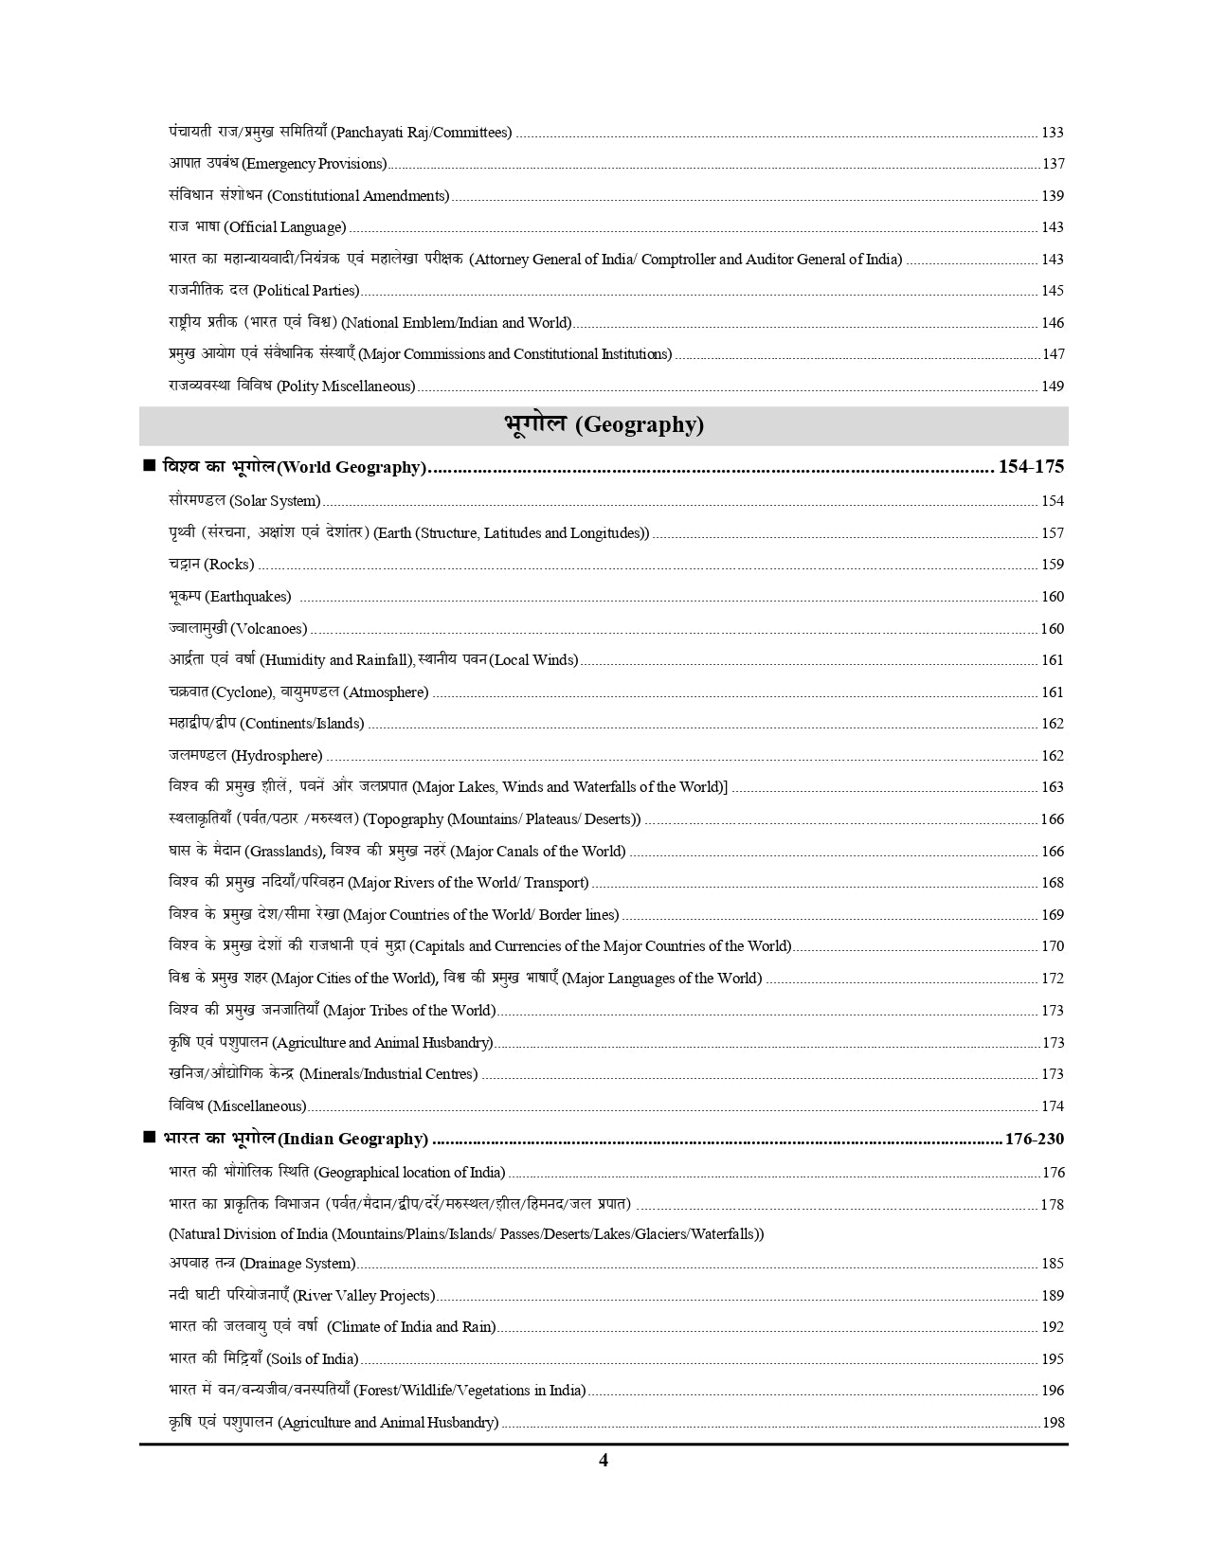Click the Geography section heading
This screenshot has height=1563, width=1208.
click(604, 425)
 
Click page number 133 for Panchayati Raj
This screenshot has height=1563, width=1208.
click(1052, 133)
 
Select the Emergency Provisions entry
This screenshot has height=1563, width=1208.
click(278, 164)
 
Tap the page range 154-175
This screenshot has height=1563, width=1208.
click(1031, 467)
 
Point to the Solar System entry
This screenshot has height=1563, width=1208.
click(244, 501)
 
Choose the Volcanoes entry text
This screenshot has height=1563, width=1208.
click(238, 629)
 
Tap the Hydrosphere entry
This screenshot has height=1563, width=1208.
click(245, 756)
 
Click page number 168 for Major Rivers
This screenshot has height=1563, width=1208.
click(1052, 883)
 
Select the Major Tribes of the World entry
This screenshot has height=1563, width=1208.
click(332, 1011)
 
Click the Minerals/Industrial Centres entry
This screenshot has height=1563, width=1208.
click(323, 1074)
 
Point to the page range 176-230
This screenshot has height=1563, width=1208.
click(1034, 1140)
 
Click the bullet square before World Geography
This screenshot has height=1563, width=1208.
click(149, 466)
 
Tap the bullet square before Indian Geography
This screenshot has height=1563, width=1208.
click(149, 1138)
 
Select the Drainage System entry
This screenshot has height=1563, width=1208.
click(262, 1264)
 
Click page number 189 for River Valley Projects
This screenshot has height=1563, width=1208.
click(1052, 1296)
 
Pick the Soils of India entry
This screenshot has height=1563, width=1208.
click(263, 1359)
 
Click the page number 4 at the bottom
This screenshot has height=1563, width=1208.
click(604, 1460)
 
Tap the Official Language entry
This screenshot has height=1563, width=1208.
click(257, 227)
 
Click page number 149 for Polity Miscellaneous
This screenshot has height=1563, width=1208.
click(1052, 386)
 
